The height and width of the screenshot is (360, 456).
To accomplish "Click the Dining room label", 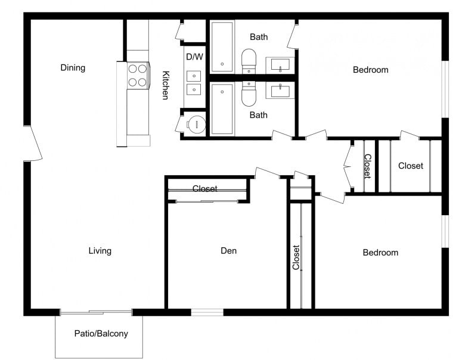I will click(x=73, y=68).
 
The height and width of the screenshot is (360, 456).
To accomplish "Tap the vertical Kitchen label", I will click(x=166, y=85).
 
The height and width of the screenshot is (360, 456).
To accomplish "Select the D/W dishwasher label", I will click(x=194, y=57).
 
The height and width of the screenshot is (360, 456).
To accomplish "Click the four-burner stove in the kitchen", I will click(x=138, y=75).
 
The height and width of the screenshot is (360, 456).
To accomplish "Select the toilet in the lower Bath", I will click(x=249, y=93).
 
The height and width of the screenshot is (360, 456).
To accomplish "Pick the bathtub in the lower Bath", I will click(x=222, y=109).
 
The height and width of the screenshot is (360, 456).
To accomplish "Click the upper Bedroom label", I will click(x=370, y=70).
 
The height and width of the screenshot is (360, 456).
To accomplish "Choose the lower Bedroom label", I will click(x=380, y=253).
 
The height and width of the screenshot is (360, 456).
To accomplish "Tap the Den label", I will click(x=228, y=251).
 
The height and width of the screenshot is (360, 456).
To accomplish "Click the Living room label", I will click(x=100, y=251).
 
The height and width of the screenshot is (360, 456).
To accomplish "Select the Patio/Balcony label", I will click(x=101, y=334).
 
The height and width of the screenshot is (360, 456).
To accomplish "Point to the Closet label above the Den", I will click(x=204, y=189).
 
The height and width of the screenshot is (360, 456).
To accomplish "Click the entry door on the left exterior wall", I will click(x=32, y=143).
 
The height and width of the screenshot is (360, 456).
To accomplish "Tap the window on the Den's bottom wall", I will click(x=207, y=312).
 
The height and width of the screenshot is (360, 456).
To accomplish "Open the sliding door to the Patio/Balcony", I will click(x=96, y=312).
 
